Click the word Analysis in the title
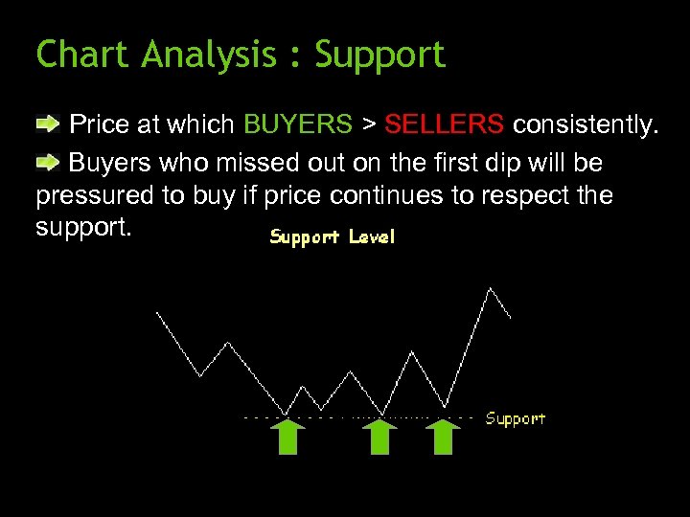[209, 56]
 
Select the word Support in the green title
[380, 56]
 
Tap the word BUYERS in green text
[298, 124]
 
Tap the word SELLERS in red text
[444, 124]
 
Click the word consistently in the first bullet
[586, 124]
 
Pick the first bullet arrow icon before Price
[48, 124]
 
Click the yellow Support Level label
[332, 236]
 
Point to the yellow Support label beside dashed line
[515, 418]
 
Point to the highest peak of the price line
[492, 287]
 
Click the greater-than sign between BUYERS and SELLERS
[368, 125]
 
